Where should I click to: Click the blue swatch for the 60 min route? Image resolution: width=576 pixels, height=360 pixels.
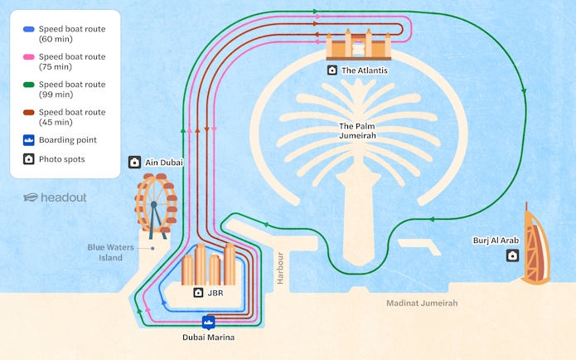28,28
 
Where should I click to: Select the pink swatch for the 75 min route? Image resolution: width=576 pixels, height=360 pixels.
28,56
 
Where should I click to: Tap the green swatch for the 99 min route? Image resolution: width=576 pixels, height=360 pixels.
28,84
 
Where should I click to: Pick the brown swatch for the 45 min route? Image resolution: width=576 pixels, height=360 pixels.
28,112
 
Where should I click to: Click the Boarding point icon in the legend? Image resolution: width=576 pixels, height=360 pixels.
28,140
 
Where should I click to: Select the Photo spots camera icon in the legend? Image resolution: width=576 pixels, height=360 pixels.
28,158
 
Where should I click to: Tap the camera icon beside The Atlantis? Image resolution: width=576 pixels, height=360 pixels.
332,71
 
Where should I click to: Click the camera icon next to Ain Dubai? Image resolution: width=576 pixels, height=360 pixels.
135,163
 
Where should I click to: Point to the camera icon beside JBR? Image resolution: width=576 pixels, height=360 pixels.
199,293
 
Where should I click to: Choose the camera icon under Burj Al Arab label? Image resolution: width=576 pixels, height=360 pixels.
512,255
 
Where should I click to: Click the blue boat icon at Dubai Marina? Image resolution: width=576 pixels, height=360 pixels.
208,322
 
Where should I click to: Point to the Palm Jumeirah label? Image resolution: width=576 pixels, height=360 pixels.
358,131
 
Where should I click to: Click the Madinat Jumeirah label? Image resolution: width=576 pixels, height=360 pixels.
422,303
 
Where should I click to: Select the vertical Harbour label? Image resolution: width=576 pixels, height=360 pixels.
280,268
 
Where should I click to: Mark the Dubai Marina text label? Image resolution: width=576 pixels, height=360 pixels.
208,338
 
